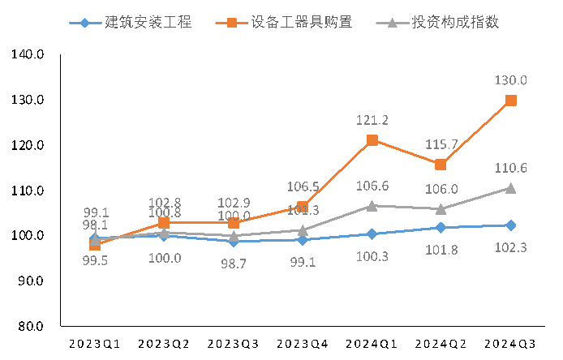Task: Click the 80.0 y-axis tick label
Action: coord(30,326)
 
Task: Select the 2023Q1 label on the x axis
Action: coord(94,344)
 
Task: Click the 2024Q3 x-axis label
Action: coord(511,344)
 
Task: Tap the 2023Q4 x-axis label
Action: coord(303,344)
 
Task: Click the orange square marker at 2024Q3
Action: coord(511,101)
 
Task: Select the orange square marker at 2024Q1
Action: coord(372,140)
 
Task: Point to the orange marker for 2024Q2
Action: coord(441,165)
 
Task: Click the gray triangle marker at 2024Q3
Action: coord(511,187)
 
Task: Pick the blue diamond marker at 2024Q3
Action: coord(511,225)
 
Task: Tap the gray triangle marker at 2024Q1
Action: coord(372,206)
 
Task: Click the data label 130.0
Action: coord(511,80)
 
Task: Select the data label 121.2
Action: coord(372,120)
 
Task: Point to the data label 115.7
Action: coord(441,144)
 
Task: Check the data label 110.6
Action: coord(511,168)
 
